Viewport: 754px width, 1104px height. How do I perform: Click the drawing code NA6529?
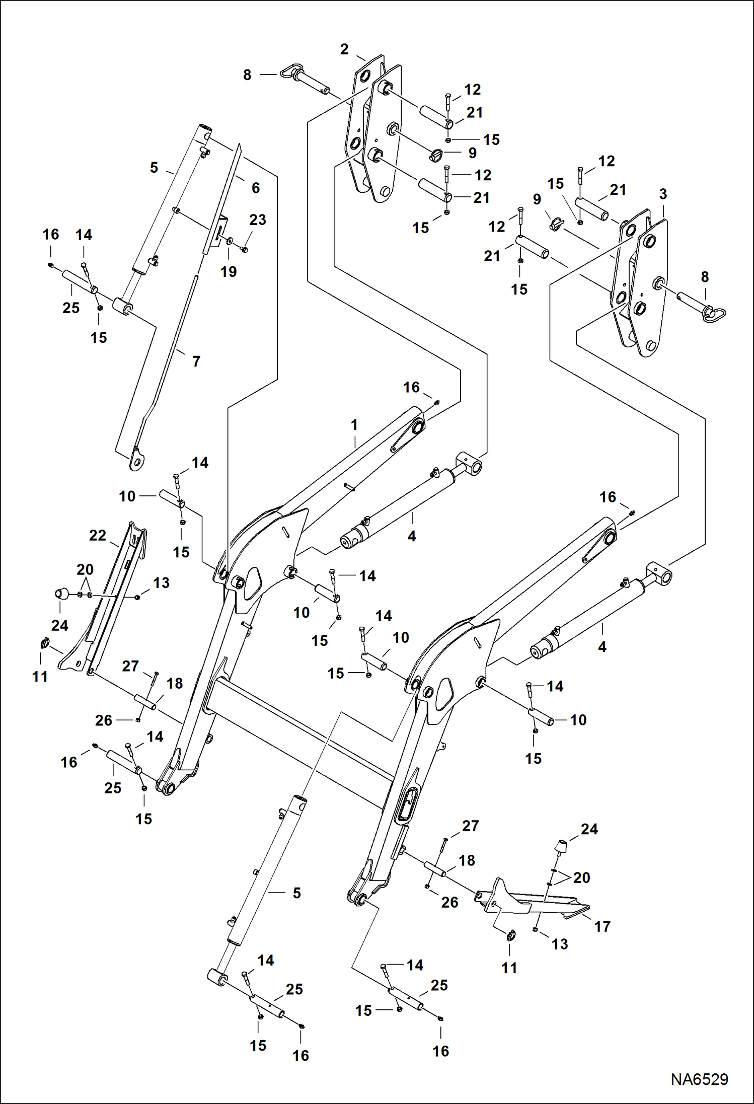[699, 1079]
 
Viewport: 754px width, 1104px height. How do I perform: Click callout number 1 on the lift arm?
[354, 425]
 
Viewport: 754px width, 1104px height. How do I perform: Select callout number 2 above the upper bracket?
[344, 49]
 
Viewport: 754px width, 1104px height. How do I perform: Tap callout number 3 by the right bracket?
[663, 194]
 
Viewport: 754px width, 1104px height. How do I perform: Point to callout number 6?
[256, 188]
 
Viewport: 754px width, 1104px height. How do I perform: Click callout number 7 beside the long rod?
[196, 361]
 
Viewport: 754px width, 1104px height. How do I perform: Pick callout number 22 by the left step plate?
[98, 535]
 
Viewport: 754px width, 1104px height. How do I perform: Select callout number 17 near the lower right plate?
[602, 926]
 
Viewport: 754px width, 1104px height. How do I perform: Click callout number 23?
[257, 219]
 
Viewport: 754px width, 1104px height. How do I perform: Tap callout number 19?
[229, 272]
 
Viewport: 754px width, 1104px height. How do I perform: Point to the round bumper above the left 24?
[61, 594]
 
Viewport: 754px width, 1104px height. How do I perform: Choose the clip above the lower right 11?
[510, 935]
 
